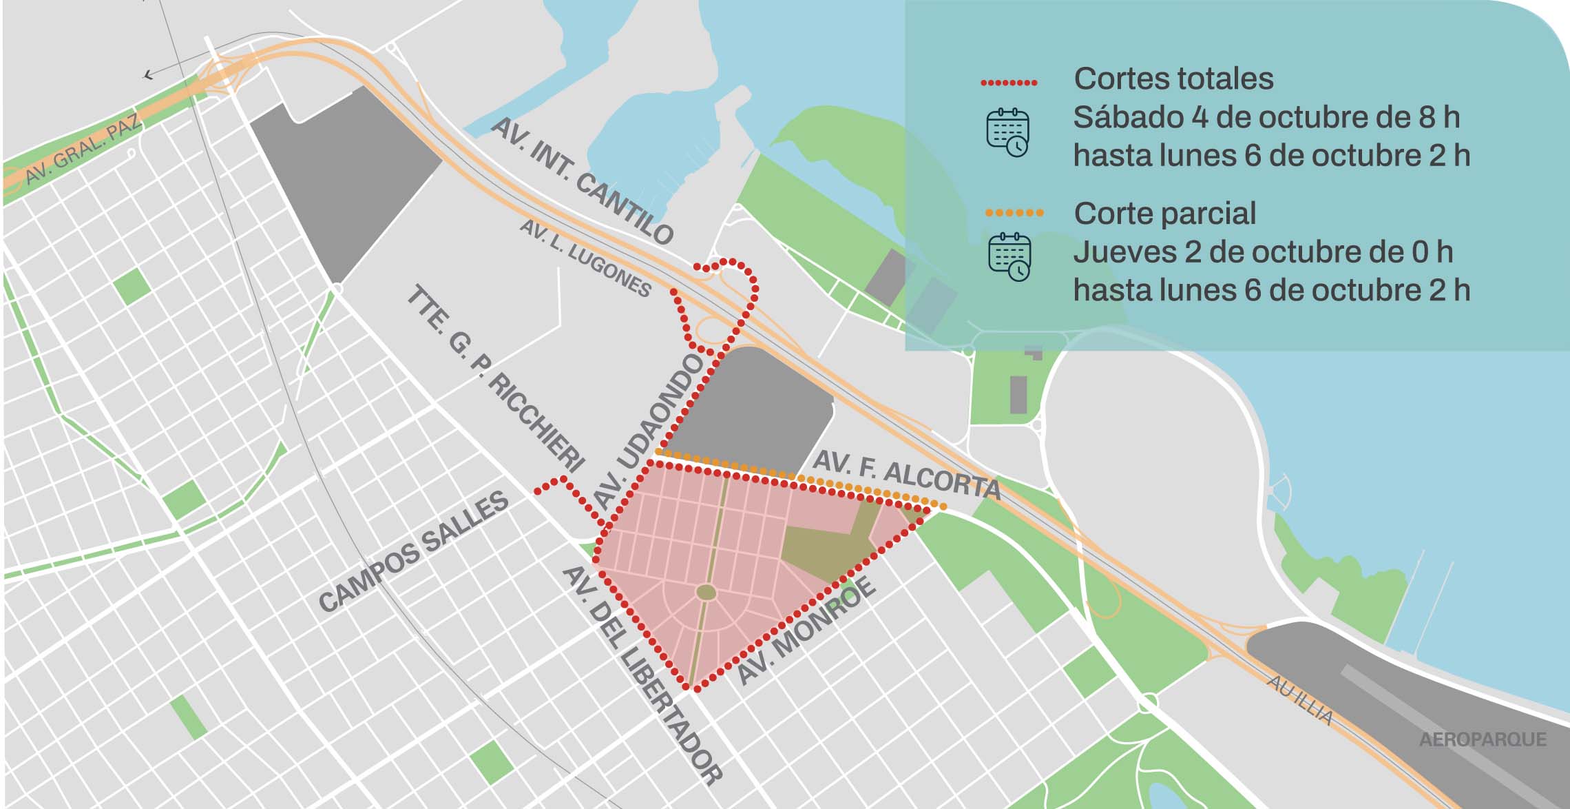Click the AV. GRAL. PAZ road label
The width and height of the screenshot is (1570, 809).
point(83,151)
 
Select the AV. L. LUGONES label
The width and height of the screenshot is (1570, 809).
point(585,258)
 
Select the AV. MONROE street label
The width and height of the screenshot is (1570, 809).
point(806,631)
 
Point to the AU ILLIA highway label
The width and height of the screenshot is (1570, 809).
point(1300,699)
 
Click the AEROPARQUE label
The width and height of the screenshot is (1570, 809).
point(1483,739)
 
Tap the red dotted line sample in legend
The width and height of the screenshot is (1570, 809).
point(1009,83)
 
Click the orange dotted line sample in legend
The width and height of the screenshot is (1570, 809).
point(1014,213)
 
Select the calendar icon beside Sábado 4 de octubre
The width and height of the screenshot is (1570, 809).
point(1007,132)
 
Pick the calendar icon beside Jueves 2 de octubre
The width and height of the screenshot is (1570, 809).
point(1009,256)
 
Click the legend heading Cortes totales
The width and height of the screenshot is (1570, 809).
point(1173,79)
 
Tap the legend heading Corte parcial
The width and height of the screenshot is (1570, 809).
point(1164,214)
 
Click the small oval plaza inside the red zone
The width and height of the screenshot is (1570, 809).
point(706,592)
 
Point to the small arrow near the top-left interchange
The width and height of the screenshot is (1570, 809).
point(149,74)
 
